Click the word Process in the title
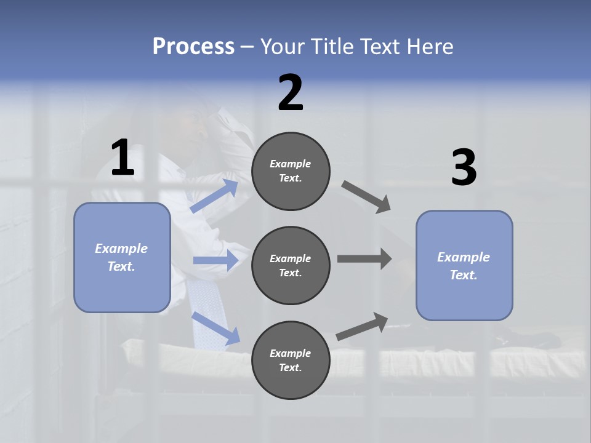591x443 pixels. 193,47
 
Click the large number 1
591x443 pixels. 123,158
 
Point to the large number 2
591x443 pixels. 291,94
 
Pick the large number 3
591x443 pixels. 464,168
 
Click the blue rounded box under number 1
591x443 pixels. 122,257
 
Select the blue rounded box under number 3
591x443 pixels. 464,266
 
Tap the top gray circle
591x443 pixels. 291,171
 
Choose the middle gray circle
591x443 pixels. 291,266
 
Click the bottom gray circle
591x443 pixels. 291,361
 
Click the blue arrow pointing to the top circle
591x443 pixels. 214,196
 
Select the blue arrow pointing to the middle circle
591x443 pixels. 215,260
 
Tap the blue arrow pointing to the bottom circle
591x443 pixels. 215,328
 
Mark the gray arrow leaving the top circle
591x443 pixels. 366,197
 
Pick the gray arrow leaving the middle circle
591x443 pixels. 364,259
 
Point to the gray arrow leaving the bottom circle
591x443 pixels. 362,326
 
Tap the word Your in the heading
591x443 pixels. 283,47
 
